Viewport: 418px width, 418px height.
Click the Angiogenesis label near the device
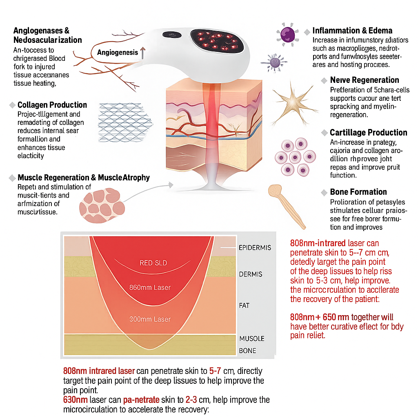click(x=118, y=53)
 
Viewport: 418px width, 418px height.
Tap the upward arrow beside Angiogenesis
click(x=142, y=53)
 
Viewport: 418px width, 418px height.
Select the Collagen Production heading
click(x=52, y=105)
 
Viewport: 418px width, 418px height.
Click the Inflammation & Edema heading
click(x=352, y=31)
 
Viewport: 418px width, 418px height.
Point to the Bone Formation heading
click(x=358, y=192)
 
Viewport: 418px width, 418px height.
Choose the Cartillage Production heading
click(x=368, y=133)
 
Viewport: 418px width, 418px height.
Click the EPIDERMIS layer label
click(x=255, y=248)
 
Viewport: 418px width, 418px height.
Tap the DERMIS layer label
click(x=251, y=274)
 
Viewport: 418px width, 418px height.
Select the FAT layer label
click(x=244, y=305)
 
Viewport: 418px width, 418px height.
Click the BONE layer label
click(x=247, y=351)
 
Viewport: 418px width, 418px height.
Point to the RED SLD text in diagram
click(x=153, y=263)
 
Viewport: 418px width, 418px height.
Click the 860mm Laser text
click(x=150, y=287)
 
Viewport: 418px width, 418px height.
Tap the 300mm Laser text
click(x=150, y=319)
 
